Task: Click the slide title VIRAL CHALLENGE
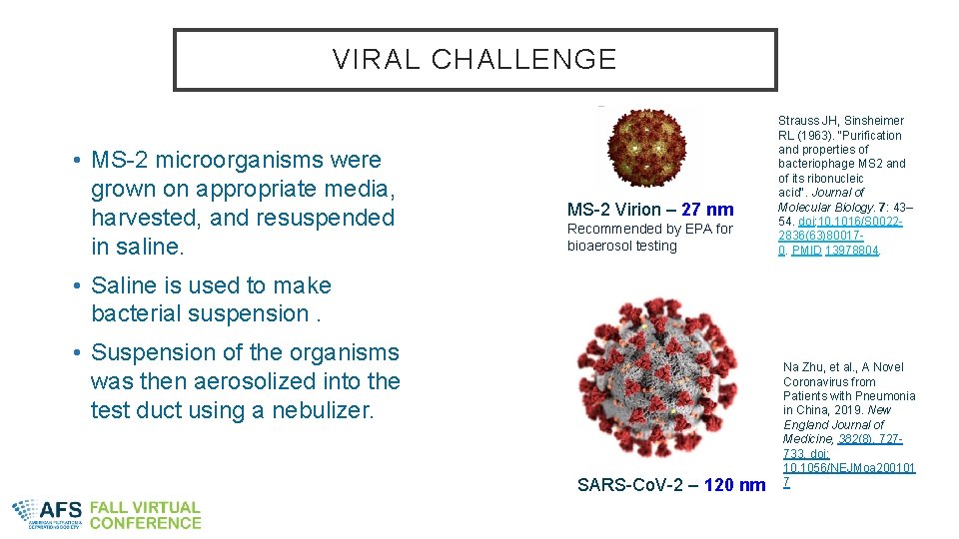point(475,60)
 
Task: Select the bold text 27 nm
point(707,210)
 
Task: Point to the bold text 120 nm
point(734,485)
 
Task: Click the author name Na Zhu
point(807,367)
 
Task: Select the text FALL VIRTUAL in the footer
point(145,507)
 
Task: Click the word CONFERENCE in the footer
point(145,523)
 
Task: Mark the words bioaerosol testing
point(621,246)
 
